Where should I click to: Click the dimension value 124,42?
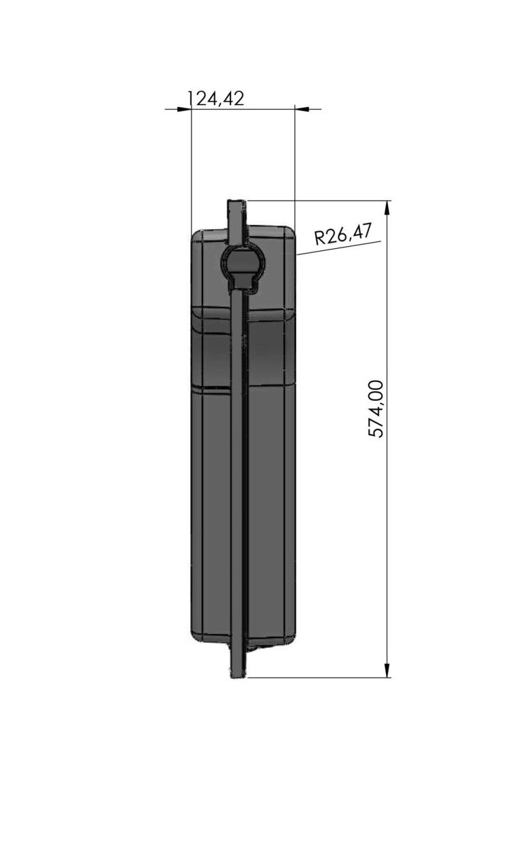tap(216, 99)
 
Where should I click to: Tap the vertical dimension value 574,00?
tap(376, 409)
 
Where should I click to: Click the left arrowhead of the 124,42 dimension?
tap(185, 109)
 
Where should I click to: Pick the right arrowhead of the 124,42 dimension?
tap(301, 109)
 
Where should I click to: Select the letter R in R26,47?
tap(319, 239)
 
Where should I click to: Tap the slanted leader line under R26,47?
tap(339, 248)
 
